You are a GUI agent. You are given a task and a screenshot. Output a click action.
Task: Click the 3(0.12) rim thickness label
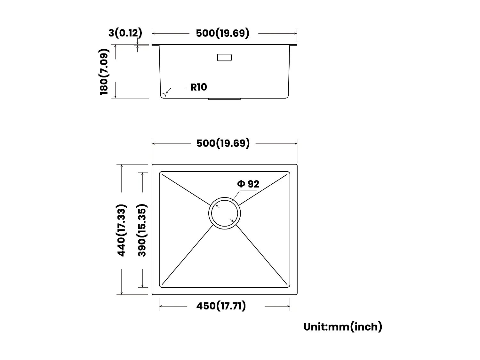125,33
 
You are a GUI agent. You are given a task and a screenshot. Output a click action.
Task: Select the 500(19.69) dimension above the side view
222,33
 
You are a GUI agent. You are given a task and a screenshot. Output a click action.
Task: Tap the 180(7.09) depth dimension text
104,72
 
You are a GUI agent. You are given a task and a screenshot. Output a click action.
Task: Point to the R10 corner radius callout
198,87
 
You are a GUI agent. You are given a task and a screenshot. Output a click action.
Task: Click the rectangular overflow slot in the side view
224,58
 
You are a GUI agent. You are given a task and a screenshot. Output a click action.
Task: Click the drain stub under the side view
224,99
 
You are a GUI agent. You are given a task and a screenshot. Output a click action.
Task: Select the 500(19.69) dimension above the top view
223,143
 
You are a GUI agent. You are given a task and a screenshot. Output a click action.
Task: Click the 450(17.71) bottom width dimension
221,306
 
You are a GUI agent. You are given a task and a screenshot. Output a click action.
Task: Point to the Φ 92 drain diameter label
248,184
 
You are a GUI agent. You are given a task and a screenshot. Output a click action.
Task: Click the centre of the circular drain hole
225,213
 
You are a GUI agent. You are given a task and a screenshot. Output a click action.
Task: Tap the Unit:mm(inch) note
343,327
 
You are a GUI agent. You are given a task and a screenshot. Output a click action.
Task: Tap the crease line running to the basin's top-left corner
186,189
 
